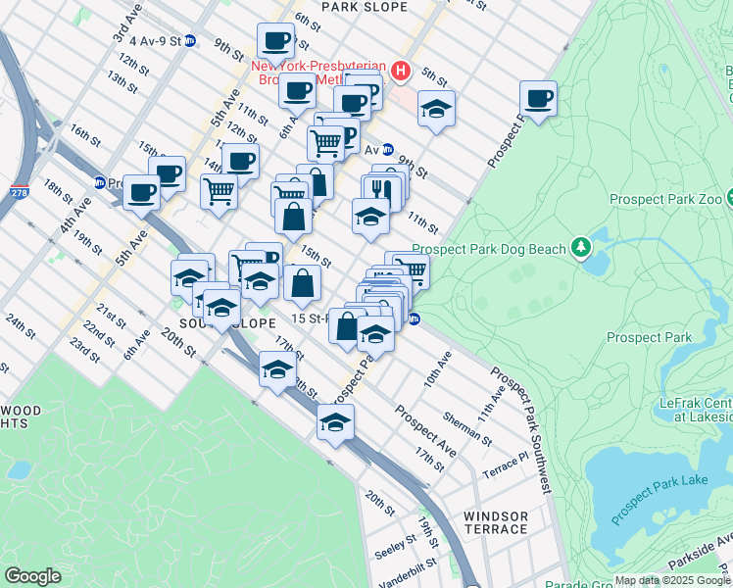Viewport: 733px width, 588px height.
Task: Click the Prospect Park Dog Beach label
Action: click(489, 249)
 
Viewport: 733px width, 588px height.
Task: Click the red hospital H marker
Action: click(400, 71)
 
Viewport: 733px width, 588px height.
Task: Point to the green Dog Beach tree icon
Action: click(581, 245)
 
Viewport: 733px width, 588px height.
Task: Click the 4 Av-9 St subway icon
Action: click(190, 41)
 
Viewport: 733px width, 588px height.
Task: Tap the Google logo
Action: click(32, 576)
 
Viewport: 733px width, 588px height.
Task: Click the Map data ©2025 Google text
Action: click(672, 580)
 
